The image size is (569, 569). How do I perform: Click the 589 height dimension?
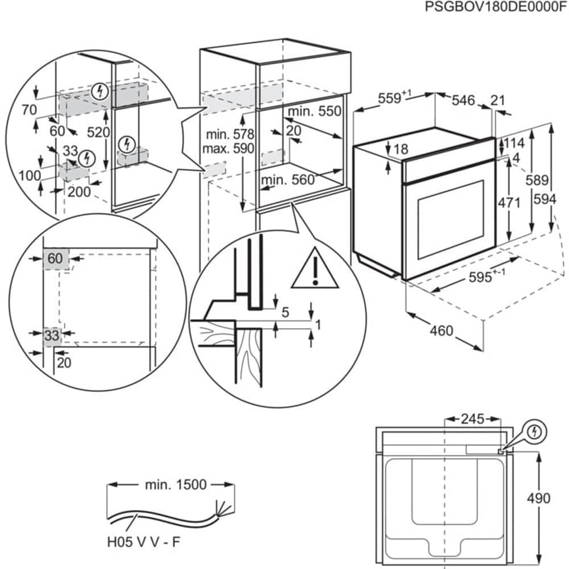(x=537, y=180)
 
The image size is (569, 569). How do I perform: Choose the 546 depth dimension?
(x=463, y=101)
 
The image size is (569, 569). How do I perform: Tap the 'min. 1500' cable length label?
(x=175, y=485)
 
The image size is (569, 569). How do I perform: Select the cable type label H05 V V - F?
(x=142, y=541)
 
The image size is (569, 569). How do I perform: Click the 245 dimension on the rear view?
(x=472, y=419)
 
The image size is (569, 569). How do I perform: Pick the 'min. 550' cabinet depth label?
(x=315, y=112)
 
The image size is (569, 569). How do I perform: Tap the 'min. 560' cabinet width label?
(x=288, y=180)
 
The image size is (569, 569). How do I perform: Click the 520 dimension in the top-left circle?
(x=98, y=133)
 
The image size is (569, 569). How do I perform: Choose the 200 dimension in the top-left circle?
(x=79, y=192)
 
